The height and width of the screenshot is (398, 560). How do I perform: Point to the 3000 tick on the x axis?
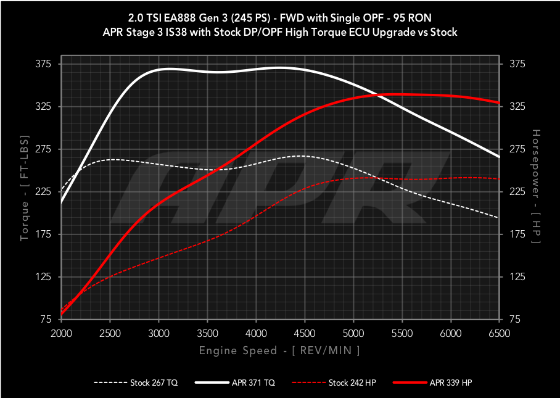click(159, 333)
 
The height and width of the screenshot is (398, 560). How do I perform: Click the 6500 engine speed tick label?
click(500, 333)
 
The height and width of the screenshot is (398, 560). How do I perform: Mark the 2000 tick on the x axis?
click(62, 333)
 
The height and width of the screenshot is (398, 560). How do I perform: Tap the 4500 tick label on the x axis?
click(305, 333)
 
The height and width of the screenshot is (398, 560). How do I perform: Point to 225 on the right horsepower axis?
click(516, 192)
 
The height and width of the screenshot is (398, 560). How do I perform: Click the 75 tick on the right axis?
click(513, 320)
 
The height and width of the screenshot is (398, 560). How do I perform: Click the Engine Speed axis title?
click(279, 350)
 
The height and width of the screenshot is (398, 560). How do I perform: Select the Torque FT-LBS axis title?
click(25, 192)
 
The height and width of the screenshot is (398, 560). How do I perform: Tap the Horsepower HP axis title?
click(535, 192)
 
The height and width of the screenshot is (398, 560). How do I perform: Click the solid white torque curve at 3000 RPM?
click(159, 70)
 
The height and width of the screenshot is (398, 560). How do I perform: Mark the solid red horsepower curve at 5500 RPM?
click(402, 94)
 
